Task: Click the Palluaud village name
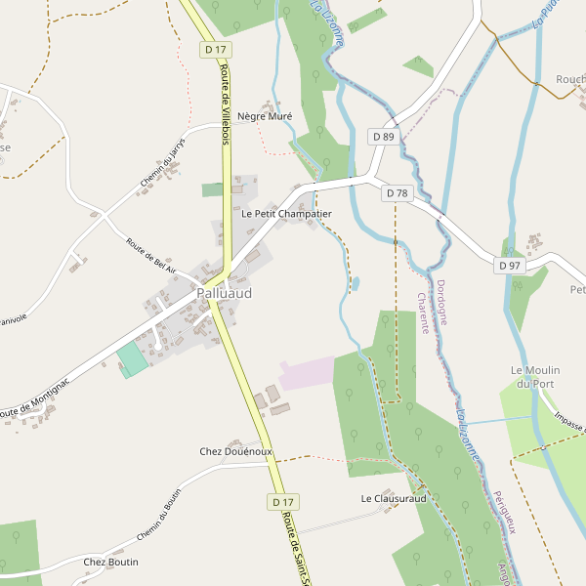(224, 293)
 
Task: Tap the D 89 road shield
(383, 137)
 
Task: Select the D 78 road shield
(397, 193)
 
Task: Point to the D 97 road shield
(510, 266)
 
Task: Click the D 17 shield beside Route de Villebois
(216, 49)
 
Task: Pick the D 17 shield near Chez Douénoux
(282, 501)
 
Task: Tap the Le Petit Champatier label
(286, 213)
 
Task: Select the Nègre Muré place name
(265, 115)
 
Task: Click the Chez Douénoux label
(235, 451)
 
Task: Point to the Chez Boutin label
(110, 562)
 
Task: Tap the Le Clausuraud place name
(394, 498)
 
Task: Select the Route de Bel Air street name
(150, 255)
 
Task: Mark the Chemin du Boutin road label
(160, 514)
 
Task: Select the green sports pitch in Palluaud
(133, 359)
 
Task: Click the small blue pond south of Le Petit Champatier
(354, 284)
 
